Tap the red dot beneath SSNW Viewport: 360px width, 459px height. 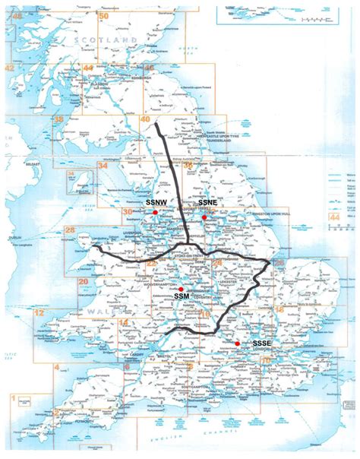pyautogui.click(x=155, y=214)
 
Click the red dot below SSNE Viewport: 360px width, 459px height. pyautogui.click(x=204, y=218)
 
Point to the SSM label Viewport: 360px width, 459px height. pyautogui.click(x=182, y=295)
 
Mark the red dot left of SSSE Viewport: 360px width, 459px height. pyautogui.click(x=238, y=343)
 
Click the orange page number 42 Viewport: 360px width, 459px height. pyautogui.click(x=10, y=68)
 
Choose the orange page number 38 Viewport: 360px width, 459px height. pyautogui.click(x=58, y=120)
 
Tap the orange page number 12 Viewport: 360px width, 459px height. pyautogui.click(x=40, y=313)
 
